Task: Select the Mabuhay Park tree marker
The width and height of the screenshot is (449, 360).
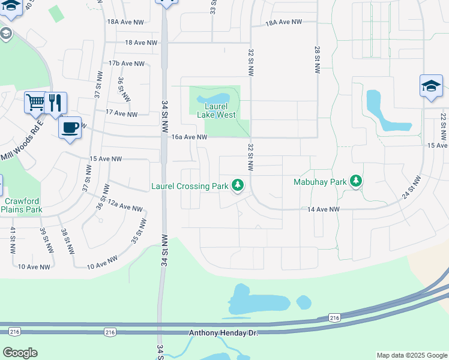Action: (356, 180)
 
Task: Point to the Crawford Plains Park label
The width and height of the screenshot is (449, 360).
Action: (22, 206)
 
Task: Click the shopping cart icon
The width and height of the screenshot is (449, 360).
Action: (35, 102)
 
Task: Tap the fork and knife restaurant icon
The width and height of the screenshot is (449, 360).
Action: (55, 102)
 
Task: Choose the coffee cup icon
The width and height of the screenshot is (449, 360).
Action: (70, 127)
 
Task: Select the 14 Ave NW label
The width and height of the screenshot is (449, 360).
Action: (324, 209)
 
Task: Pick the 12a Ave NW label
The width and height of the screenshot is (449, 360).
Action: (124, 207)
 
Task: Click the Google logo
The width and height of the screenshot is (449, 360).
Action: (20, 353)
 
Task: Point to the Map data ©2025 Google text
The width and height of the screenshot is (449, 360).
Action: (411, 355)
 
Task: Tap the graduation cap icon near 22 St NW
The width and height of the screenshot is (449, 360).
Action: (431, 86)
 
